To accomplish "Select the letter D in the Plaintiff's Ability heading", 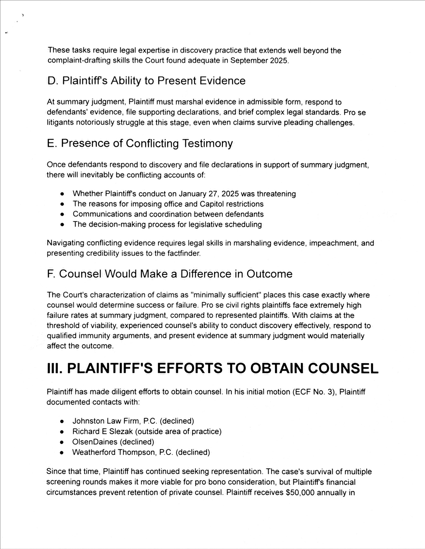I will pos(51,81).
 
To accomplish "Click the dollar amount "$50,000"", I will pos(300,493).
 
